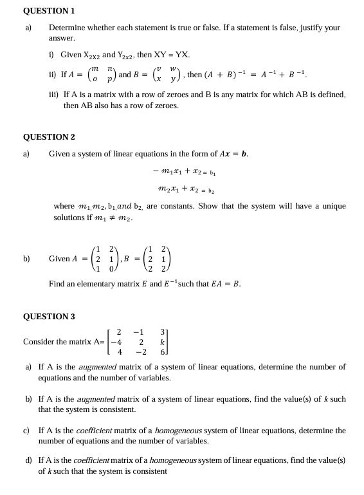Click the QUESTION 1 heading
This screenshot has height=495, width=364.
coord(49,11)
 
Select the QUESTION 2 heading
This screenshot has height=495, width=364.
coord(49,137)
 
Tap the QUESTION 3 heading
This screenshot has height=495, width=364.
coord(49,317)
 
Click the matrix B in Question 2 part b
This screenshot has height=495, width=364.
coord(158,258)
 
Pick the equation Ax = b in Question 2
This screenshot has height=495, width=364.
coord(232,154)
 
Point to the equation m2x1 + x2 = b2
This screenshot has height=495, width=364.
coord(186,190)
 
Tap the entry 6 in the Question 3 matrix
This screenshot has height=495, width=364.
coord(164,351)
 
